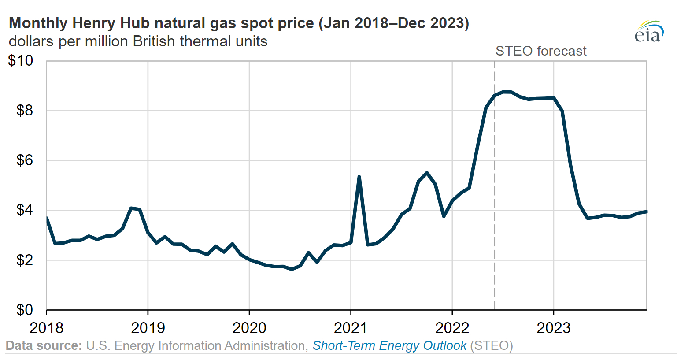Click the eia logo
(x=649, y=31)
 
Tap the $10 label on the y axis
(x=21, y=60)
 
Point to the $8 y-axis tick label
(x=25, y=110)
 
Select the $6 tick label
(x=25, y=160)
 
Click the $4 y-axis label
(x=25, y=210)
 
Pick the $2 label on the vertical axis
(x=25, y=260)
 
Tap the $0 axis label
(x=25, y=310)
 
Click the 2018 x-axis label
(x=47, y=328)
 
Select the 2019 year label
(x=148, y=328)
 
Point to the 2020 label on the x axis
(x=249, y=328)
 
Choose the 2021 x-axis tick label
(x=351, y=328)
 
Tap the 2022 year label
(x=452, y=328)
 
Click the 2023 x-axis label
(x=554, y=328)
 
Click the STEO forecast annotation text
(x=541, y=51)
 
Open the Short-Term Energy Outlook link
(x=389, y=345)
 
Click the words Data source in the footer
(x=44, y=345)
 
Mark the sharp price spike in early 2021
(x=359, y=177)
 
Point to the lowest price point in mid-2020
(x=292, y=269)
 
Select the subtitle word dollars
(x=31, y=41)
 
